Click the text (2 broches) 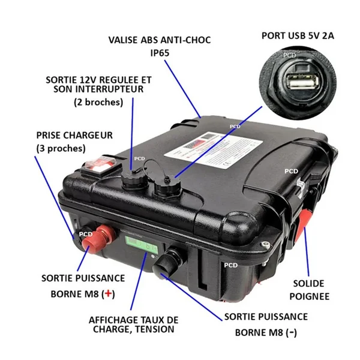[x=98, y=102]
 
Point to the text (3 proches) [x=61, y=148]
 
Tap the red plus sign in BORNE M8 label [x=108, y=293]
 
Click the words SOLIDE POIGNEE [x=310, y=289]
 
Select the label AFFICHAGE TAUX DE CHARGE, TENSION [x=134, y=325]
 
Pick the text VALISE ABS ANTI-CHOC [x=160, y=40]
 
